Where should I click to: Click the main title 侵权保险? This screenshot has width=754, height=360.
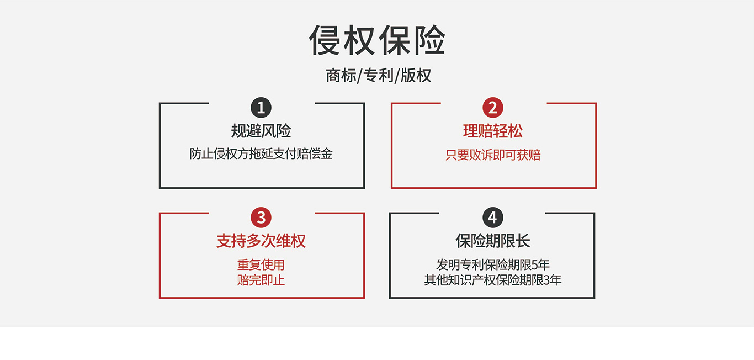click(378, 40)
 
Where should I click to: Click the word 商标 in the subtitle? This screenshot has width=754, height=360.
click(341, 76)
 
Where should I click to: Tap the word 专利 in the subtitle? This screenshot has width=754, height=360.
click(378, 76)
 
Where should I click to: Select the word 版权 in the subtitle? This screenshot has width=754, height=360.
click(416, 76)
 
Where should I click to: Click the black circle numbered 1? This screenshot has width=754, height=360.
click(261, 108)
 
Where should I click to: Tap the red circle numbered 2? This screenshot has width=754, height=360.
click(493, 108)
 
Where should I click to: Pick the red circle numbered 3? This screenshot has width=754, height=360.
click(261, 218)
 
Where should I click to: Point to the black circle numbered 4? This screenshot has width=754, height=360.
click(493, 218)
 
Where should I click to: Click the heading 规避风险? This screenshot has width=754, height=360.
click(261, 131)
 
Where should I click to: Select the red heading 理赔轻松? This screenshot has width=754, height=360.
click(493, 131)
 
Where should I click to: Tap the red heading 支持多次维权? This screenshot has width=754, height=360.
click(261, 241)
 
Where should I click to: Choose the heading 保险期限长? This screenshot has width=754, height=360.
click(493, 241)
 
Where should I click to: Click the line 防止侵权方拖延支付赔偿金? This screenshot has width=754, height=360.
click(261, 154)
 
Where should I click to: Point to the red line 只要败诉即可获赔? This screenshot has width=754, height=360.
click(493, 155)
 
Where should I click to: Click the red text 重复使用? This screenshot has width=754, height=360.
click(261, 264)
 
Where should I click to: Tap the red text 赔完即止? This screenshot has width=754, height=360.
click(261, 280)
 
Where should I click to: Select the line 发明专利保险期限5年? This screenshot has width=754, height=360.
click(493, 264)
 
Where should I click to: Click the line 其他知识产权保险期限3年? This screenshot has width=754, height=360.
click(493, 280)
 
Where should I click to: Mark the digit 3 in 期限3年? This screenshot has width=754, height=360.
click(546, 280)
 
